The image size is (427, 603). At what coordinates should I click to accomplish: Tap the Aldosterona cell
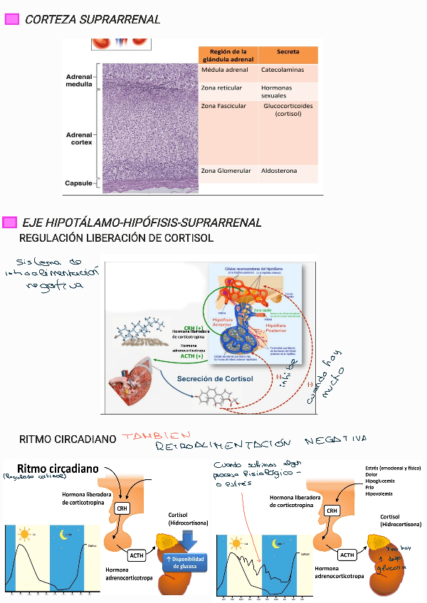pyautogui.click(x=279, y=171)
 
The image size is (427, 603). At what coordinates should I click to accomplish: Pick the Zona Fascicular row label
pyautogui.click(x=223, y=106)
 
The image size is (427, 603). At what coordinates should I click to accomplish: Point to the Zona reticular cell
pyautogui.click(x=221, y=88)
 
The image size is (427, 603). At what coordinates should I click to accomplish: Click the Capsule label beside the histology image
pyautogui.click(x=79, y=183)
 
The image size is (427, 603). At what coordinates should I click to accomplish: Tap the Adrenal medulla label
pyautogui.click(x=79, y=80)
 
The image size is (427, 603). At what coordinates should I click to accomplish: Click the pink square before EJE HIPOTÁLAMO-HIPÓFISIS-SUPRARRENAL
pyautogui.click(x=10, y=223)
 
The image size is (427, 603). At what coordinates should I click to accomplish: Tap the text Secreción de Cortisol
pyautogui.click(x=216, y=379)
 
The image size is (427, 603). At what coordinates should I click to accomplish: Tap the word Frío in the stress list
pyautogui.click(x=369, y=487)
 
